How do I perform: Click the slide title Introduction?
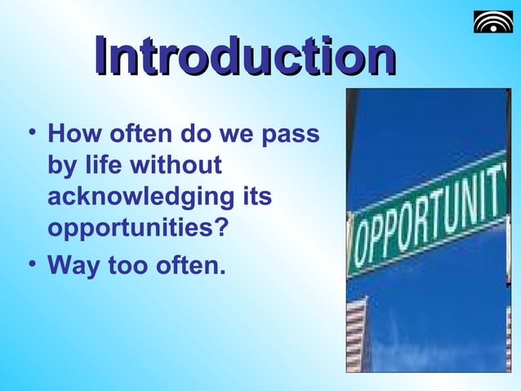[244, 58]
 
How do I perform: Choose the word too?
[124, 266]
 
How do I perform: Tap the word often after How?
[134, 133]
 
